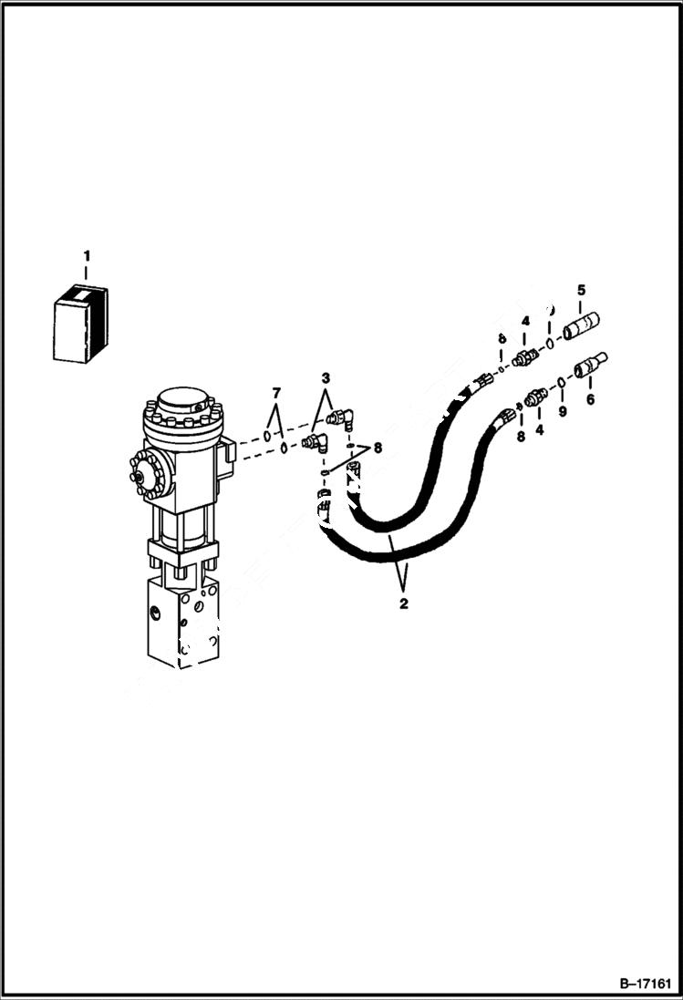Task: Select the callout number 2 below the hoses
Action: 404,603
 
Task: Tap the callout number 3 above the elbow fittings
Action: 326,377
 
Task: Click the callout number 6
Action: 589,398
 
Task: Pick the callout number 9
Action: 563,411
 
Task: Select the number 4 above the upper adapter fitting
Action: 525,320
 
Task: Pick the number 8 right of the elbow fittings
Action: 377,448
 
